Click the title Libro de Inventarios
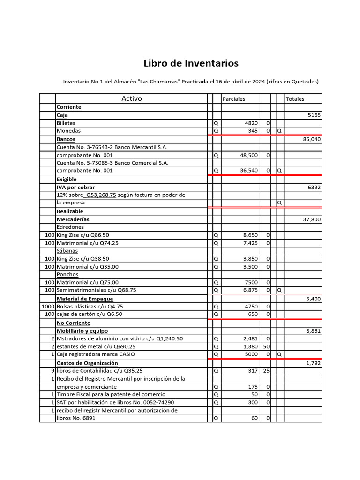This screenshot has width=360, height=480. point(191,63)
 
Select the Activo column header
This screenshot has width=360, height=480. point(132,98)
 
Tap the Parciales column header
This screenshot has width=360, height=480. point(234,99)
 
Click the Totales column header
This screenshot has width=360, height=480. point(295,99)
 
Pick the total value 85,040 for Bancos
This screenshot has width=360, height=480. point(312,139)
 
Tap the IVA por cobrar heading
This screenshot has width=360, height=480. point(75,187)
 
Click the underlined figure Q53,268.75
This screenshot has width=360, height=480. point(101,195)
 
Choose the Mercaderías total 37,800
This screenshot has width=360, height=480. point(312,219)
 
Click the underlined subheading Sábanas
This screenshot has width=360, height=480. point(67,251)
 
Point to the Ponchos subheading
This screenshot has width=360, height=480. point(67,274)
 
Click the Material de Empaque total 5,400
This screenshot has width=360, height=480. point(314,299)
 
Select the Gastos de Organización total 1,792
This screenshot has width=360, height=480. point(314,363)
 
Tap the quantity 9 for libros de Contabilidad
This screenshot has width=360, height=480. point(52,370)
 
